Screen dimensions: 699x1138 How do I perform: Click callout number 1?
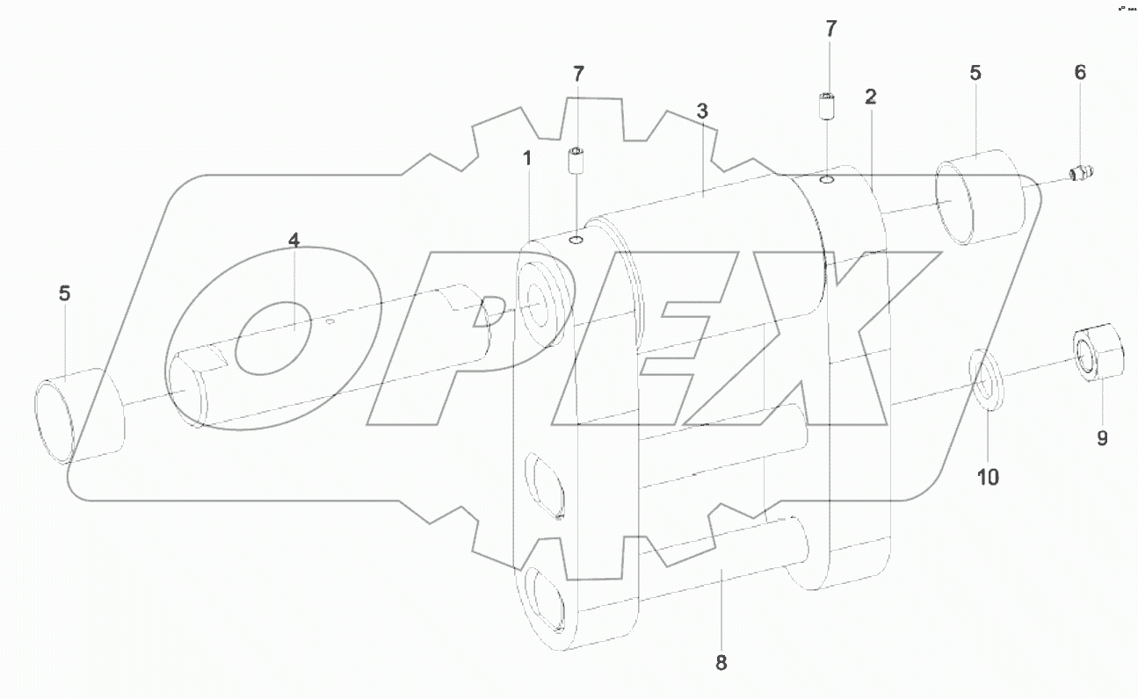(527, 159)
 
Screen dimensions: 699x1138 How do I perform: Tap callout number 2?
(870, 97)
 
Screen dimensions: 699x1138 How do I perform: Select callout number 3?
(701, 112)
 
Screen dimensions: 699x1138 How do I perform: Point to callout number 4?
(294, 240)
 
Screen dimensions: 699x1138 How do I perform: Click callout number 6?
(1080, 73)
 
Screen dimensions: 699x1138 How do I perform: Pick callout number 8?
(721, 663)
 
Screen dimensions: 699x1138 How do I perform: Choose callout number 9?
(1102, 436)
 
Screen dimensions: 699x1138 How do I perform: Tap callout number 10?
(988, 477)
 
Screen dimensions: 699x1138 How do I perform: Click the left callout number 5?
(65, 293)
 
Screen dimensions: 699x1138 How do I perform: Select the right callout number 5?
(975, 73)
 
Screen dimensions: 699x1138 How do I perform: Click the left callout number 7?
(577, 74)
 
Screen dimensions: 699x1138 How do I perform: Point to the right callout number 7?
(830, 28)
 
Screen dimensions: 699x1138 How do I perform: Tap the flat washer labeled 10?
(988, 378)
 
